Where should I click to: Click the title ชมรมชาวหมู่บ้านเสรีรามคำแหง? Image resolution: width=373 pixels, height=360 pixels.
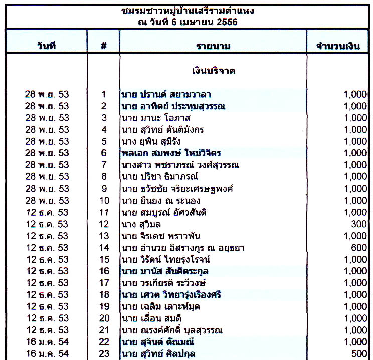point(188,10)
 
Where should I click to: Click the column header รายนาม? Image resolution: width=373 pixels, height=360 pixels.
point(213,46)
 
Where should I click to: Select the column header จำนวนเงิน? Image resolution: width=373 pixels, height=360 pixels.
point(338,46)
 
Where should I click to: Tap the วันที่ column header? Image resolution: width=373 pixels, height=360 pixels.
point(46,46)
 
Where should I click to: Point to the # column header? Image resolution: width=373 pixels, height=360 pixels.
point(104,46)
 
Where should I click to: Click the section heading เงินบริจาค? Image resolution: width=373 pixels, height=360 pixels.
point(214,71)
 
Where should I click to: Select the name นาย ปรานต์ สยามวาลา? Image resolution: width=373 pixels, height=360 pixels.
point(165,94)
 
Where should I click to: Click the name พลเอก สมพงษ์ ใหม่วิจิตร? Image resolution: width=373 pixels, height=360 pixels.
point(171,153)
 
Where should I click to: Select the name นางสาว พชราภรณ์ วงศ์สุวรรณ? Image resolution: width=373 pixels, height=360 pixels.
point(180,165)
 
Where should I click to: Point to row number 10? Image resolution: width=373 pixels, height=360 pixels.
point(104,201)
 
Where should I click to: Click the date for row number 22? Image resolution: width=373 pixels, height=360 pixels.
point(47,342)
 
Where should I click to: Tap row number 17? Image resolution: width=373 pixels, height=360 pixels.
point(104,283)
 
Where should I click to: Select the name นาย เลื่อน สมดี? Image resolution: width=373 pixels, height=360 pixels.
point(155,318)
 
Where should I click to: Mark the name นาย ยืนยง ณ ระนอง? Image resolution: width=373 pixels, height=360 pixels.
point(162,201)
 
